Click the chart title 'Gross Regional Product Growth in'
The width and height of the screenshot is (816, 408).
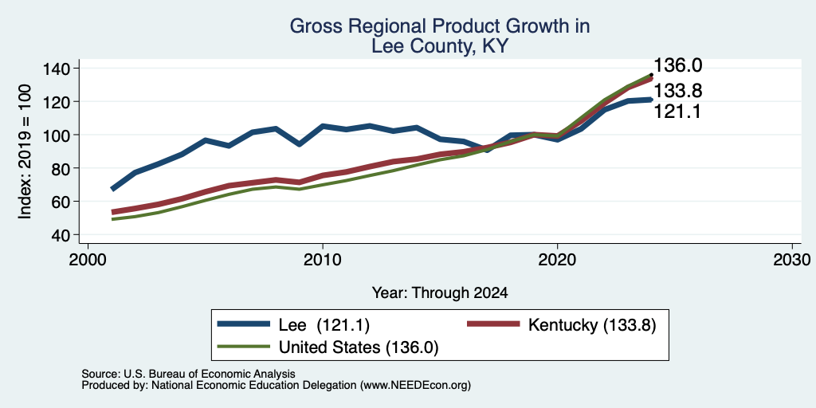[440, 26]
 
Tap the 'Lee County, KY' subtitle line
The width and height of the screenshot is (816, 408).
[440, 46]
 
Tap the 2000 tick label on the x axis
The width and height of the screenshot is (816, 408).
[88, 259]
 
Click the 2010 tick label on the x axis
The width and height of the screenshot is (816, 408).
[323, 259]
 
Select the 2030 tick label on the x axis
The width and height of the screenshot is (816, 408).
[792, 259]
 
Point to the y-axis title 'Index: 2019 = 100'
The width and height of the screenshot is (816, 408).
[25, 151]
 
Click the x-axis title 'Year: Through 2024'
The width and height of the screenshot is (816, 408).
[440, 293]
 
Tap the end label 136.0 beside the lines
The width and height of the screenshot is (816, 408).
[677, 65]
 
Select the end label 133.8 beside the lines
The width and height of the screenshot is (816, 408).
[677, 91]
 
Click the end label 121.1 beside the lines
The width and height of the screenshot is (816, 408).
[677, 111]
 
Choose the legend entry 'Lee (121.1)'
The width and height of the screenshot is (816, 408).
[324, 325]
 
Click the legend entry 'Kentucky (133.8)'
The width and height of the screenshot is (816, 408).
[592, 325]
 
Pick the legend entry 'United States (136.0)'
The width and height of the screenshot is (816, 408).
[359, 347]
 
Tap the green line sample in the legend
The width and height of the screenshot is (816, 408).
[244, 347]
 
